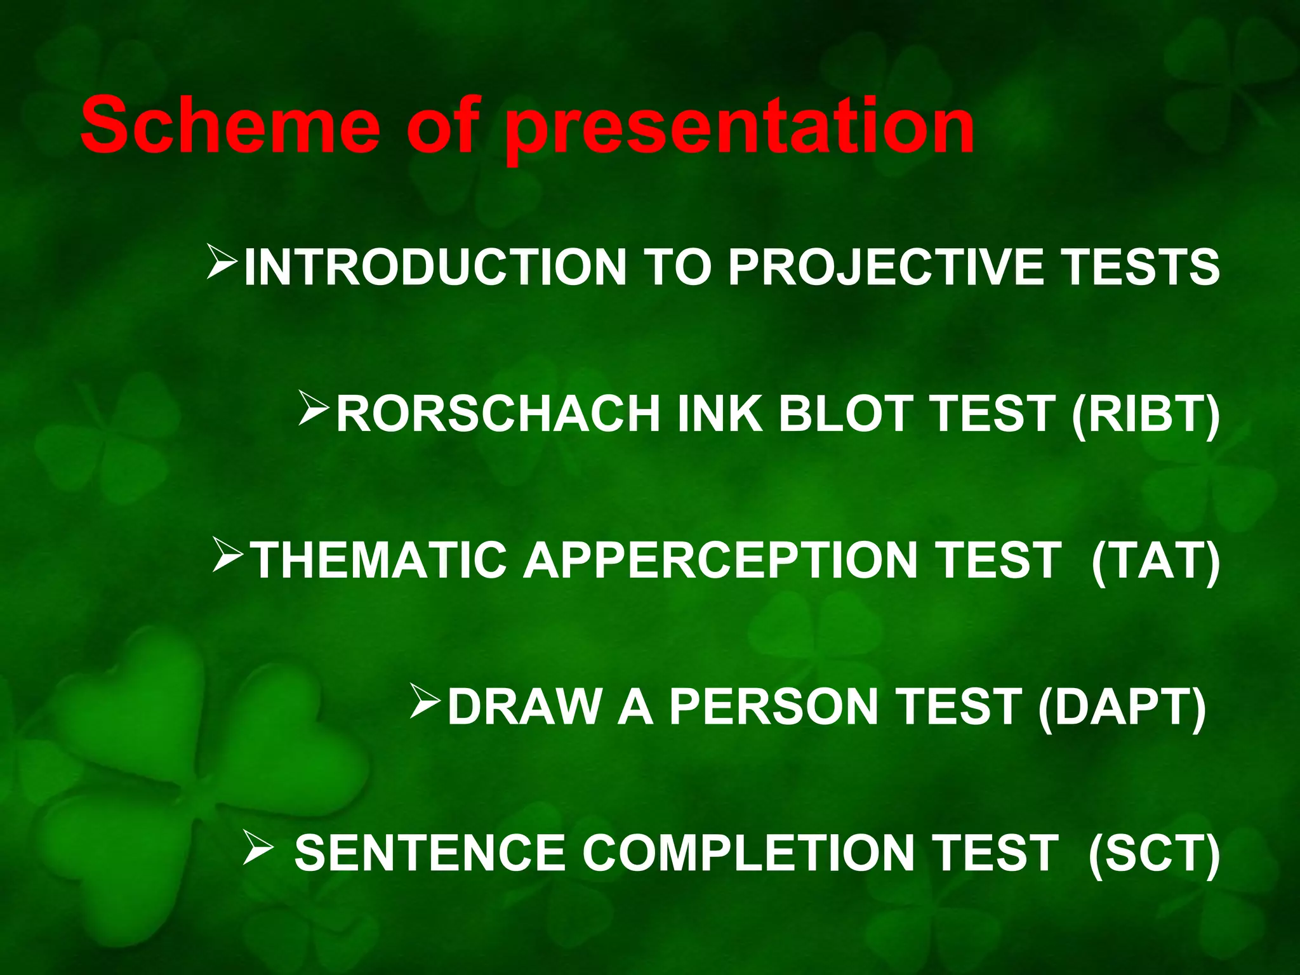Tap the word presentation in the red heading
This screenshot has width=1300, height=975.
tap(740, 127)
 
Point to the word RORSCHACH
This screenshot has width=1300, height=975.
tap(498, 414)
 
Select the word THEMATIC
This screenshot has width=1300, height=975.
tap(379, 560)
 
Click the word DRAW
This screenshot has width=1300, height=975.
tap(524, 707)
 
